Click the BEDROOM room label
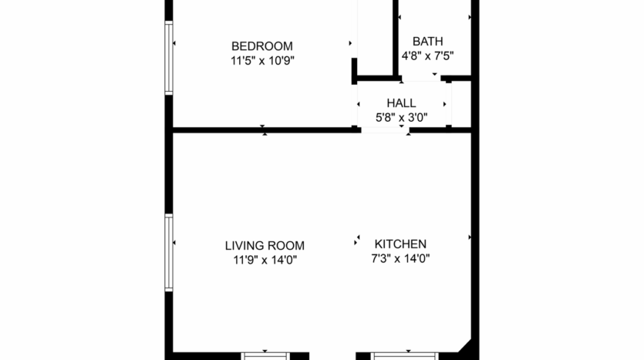coord(262,45)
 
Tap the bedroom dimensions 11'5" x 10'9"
coord(262,60)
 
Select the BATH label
coord(427,41)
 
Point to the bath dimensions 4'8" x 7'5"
coord(427,56)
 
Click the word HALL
coord(401,103)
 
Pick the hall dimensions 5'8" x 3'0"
coord(401,117)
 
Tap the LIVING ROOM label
coord(265,245)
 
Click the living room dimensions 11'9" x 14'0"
coord(265,260)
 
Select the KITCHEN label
coord(400,244)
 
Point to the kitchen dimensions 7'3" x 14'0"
coord(400,258)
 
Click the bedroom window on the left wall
coord(168,58)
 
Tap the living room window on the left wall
coord(168,252)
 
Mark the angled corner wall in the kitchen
coord(465,346)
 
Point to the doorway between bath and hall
coord(420,78)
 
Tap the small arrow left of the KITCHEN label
coord(358,238)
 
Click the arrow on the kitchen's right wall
coord(469,238)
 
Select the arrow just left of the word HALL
coord(359,104)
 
